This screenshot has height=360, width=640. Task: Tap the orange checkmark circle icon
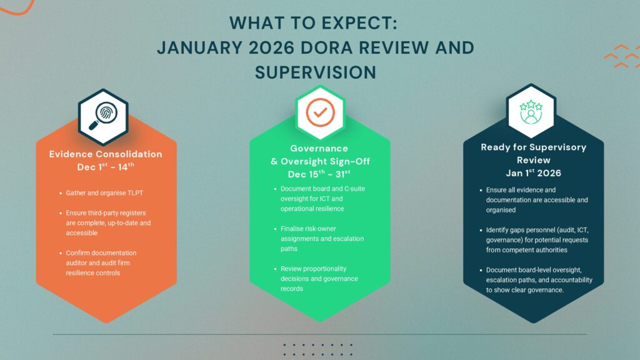321,112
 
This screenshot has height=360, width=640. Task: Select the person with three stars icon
531,112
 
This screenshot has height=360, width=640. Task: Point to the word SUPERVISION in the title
316,72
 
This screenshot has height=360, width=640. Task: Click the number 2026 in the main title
271,47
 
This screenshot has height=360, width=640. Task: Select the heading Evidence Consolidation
106,154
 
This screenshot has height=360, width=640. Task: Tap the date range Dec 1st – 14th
106,166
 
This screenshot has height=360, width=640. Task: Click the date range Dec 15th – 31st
319,174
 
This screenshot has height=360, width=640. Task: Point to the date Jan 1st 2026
534,172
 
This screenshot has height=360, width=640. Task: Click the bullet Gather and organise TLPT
104,193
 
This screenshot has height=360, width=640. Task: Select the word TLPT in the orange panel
135,193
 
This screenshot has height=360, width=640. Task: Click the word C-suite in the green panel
355,189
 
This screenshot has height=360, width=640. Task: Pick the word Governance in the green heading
319,149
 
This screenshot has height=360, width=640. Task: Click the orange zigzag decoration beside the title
622,56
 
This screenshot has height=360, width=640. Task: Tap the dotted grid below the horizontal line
318,349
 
